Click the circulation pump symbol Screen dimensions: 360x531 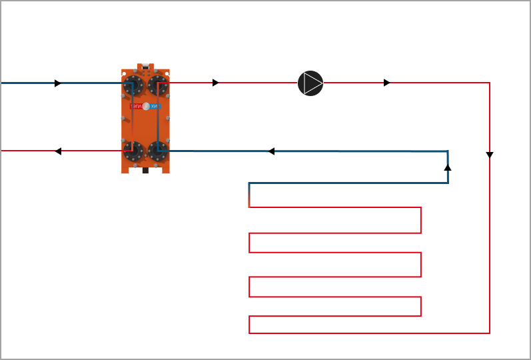pos(310,83)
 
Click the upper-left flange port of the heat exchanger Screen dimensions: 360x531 pos(133,86)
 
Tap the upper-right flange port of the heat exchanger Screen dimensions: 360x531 pos(158,86)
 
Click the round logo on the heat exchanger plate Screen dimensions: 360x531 pos(146,107)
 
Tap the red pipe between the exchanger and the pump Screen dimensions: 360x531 pos(253,83)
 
